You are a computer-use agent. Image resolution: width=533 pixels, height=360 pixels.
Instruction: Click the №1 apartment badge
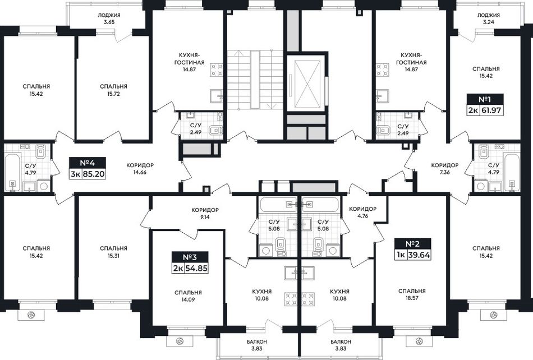pyautogui.click(x=486, y=105)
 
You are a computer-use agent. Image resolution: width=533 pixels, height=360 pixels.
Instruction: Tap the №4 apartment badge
pyautogui.click(x=88, y=168)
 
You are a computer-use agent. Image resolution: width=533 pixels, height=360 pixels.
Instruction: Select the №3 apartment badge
pyautogui.click(x=190, y=262)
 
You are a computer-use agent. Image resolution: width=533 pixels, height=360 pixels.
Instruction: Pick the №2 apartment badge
pyautogui.click(x=413, y=250)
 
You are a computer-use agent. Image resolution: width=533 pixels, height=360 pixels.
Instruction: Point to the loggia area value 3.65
pyautogui.click(x=109, y=22)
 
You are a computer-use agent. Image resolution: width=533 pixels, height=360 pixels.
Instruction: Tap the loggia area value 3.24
pyautogui.click(x=488, y=22)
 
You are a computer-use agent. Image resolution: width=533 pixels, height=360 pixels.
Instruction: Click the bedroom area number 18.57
pyautogui.click(x=412, y=298)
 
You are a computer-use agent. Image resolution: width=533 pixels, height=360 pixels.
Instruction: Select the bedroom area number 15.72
pyautogui.click(x=113, y=94)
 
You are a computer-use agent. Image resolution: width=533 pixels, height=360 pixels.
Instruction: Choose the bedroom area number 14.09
pyautogui.click(x=188, y=299)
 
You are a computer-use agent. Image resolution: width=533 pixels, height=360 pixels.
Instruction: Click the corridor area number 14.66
pyautogui.click(x=140, y=172)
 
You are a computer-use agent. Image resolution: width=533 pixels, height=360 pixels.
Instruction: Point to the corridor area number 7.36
pyautogui.click(x=444, y=172)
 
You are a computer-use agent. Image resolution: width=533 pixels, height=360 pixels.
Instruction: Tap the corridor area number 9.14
pyautogui.click(x=205, y=216)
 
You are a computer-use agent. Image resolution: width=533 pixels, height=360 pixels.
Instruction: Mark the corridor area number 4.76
pyautogui.click(x=363, y=216)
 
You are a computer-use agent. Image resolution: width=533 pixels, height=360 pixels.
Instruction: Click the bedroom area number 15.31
pyautogui.click(x=113, y=256)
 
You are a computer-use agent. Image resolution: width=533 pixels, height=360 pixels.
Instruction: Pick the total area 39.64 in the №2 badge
pyautogui.click(x=419, y=255)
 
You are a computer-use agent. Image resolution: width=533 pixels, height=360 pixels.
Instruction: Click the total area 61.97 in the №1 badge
pyautogui.click(x=491, y=111)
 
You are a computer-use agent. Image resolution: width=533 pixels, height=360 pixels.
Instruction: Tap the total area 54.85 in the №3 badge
pyautogui.click(x=196, y=268)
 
